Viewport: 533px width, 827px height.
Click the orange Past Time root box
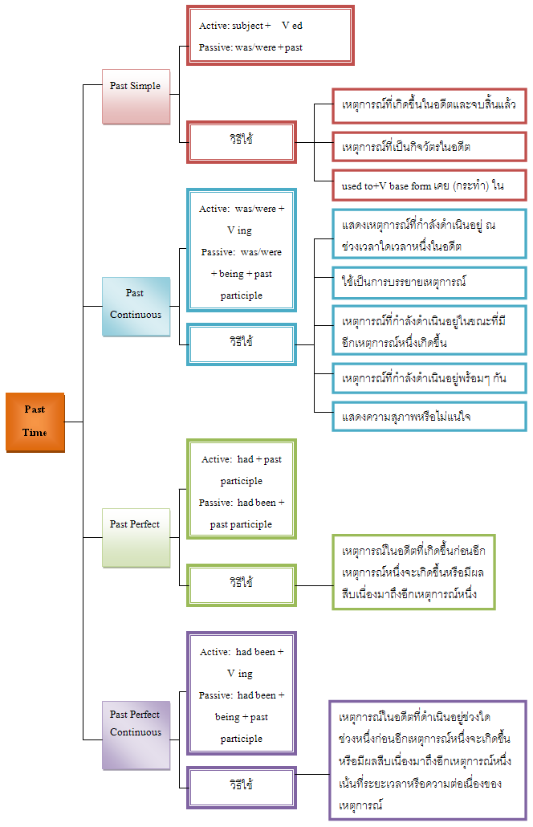pyautogui.click(x=35, y=422)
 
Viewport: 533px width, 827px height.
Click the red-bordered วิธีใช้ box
pyautogui.click(x=242, y=142)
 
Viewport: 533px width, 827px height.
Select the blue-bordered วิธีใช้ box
pyautogui.click(x=242, y=344)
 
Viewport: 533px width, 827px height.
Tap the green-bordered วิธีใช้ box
pyautogui.click(x=242, y=584)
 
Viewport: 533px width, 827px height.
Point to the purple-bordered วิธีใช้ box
pyautogui.click(x=242, y=786)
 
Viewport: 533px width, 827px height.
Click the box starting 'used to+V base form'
pyautogui.click(x=429, y=185)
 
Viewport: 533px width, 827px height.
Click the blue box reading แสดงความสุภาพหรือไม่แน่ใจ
pyautogui.click(x=429, y=417)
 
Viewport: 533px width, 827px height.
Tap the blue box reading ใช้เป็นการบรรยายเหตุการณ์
pyautogui.click(x=429, y=283)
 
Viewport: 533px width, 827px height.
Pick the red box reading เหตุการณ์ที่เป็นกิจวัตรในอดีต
pyautogui.click(x=429, y=148)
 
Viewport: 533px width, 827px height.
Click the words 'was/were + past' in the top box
pyautogui.click(x=269, y=47)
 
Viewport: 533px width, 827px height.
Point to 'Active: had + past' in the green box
pyautogui.click(x=241, y=459)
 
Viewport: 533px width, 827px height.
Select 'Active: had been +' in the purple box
pyautogui.click(x=241, y=652)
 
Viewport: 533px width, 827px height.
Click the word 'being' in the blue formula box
pyautogui.click(x=231, y=274)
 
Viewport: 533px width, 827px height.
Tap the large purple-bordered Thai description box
pyautogui.click(x=428, y=759)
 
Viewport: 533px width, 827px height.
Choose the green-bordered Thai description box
pyautogui.click(x=413, y=572)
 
